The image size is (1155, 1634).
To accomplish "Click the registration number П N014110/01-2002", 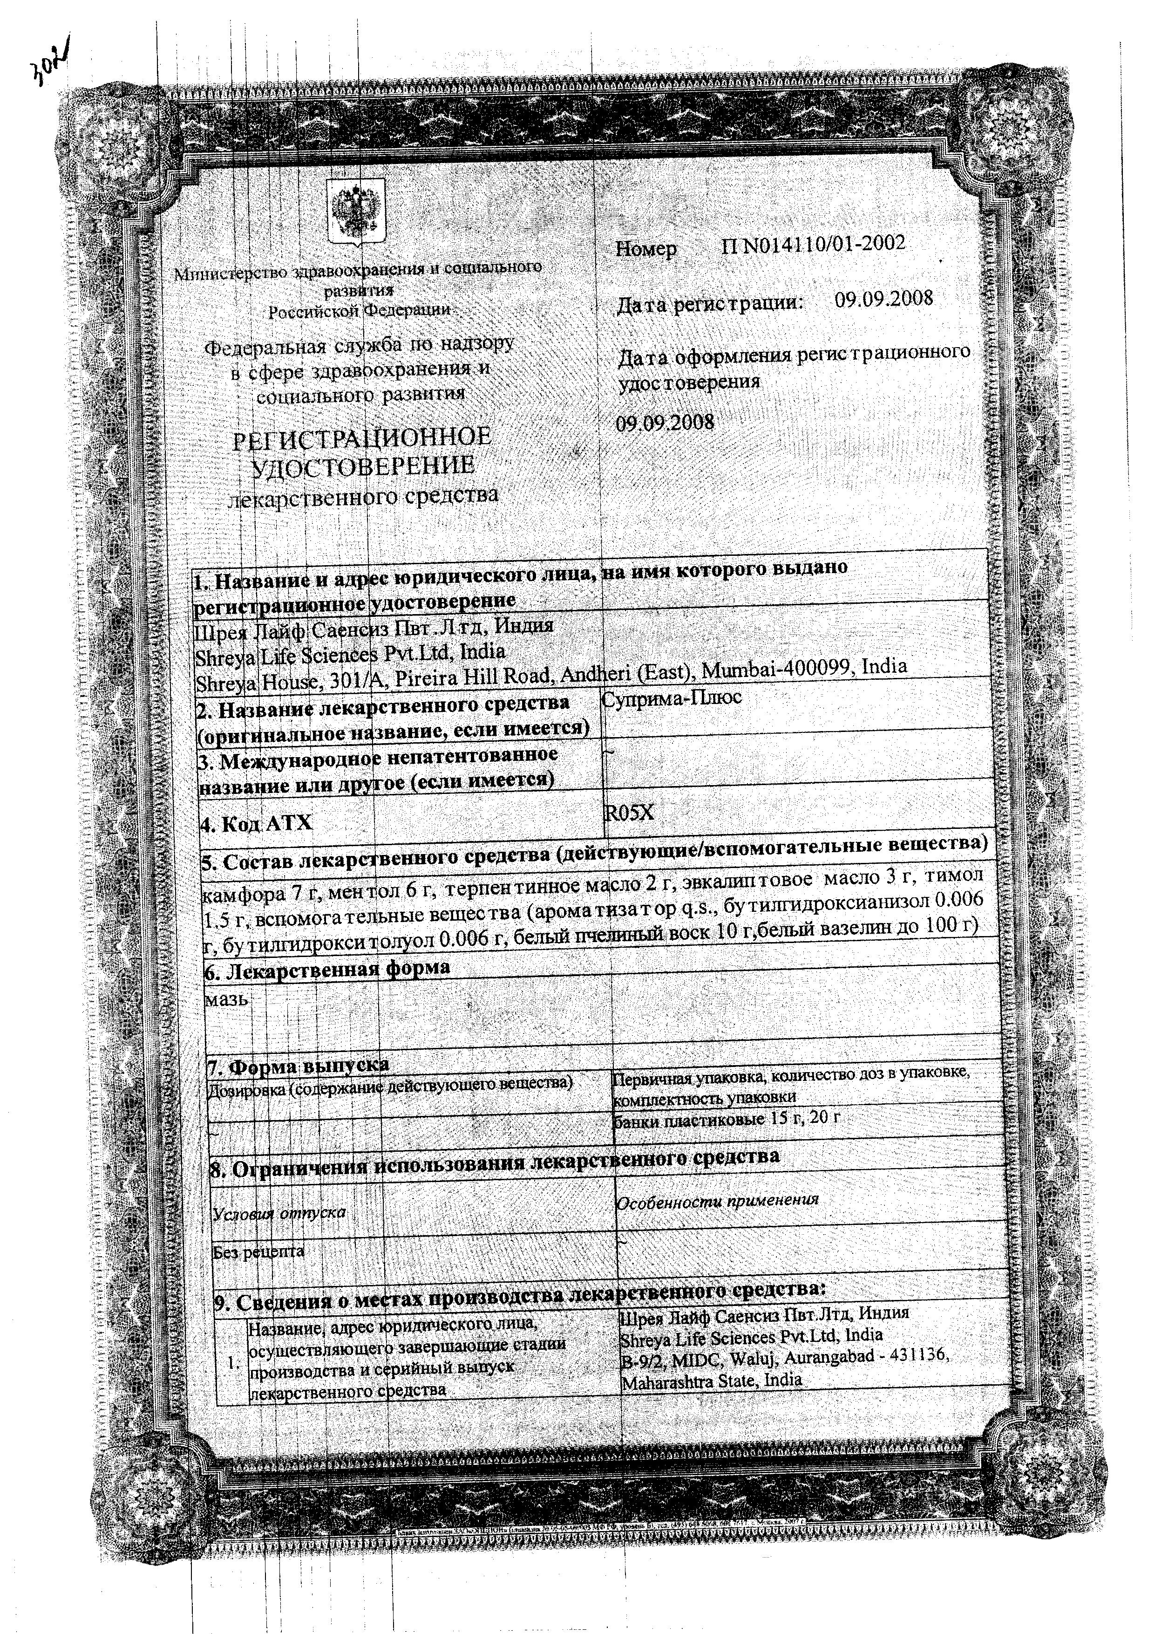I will point(813,245).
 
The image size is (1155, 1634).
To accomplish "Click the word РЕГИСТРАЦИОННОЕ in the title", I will point(362,437).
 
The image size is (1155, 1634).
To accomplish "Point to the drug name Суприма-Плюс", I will point(672,697).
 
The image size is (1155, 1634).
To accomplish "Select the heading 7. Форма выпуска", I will point(299,1066).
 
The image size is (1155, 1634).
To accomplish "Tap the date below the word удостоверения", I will point(665,422).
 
